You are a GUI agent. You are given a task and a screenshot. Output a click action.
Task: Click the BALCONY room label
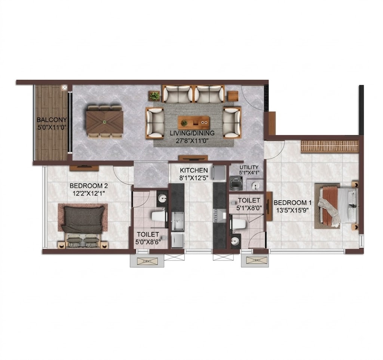tap(52, 120)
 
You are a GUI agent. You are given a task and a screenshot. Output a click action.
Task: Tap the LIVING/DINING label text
tap(192, 133)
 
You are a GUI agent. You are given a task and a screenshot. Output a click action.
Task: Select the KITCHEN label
tap(194, 170)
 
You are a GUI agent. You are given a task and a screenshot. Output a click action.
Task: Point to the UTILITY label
tap(249, 167)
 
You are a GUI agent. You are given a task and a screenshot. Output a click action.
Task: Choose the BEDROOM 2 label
tap(89, 186)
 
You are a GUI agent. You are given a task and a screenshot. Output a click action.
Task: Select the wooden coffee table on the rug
tap(194, 123)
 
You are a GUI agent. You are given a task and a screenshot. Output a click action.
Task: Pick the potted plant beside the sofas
tap(154, 96)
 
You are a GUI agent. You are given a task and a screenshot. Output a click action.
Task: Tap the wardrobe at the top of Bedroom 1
tap(330, 147)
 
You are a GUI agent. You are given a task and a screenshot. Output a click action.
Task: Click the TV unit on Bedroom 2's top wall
tap(84, 168)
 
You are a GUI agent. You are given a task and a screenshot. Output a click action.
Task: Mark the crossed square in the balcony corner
tap(64, 87)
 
